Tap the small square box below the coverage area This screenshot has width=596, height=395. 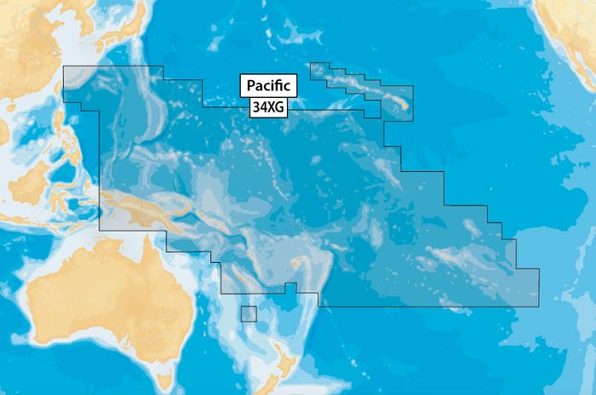248,313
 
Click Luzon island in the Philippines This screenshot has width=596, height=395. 60,119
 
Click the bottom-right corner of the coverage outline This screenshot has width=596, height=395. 539,306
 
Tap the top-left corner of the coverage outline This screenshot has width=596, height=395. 65,66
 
